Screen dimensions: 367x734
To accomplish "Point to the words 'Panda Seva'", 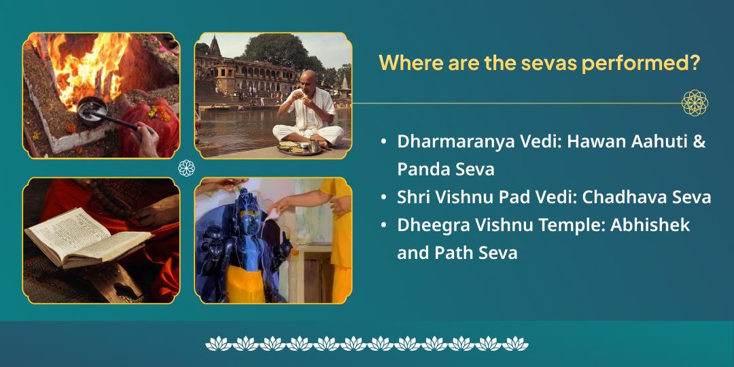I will tap(445, 169).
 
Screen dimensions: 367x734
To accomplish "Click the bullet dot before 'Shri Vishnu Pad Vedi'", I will tap(384, 198).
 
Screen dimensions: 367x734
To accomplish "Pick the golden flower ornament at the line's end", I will tap(695, 103).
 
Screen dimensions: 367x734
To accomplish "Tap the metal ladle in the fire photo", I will tap(91, 107).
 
